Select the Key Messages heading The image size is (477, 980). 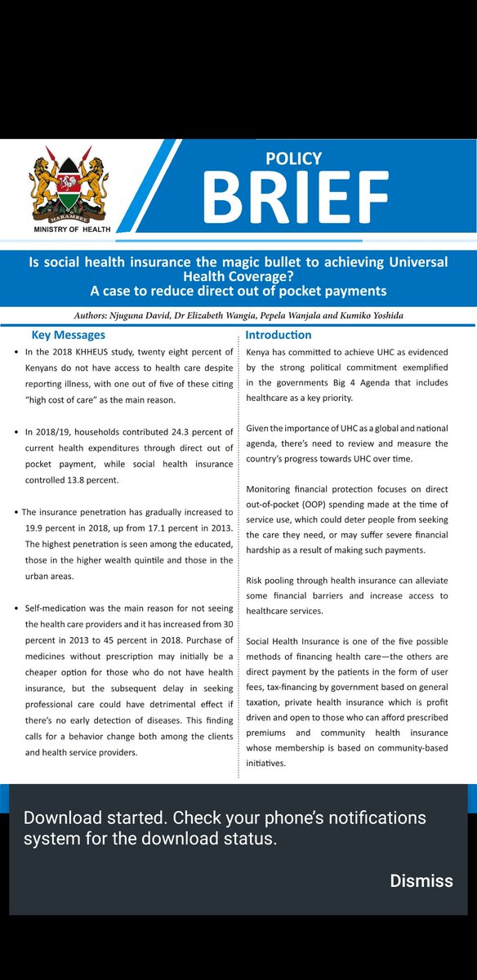68,335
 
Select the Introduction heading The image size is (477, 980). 279,335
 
